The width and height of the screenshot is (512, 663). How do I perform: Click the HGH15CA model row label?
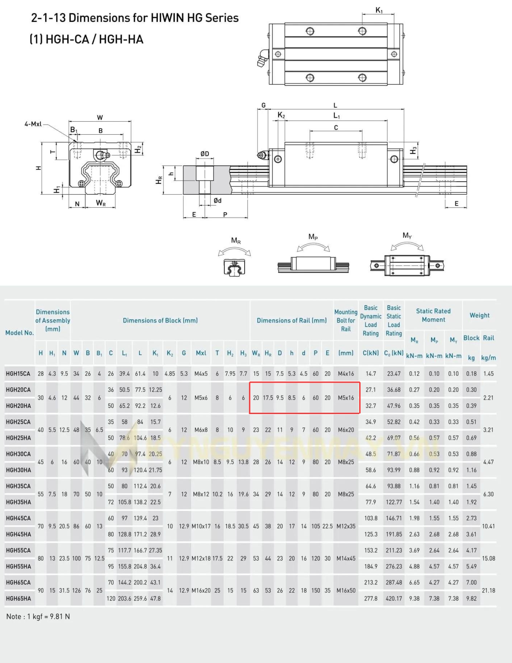18,374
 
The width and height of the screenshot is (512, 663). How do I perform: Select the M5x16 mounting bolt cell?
346,398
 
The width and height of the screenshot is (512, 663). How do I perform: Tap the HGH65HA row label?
18,599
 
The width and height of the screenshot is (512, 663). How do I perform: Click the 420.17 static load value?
394,599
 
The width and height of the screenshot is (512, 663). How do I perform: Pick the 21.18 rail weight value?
488,590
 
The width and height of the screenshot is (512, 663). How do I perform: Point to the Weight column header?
479,315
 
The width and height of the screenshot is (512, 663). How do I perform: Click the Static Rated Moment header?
433,315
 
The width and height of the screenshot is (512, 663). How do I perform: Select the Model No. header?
19,333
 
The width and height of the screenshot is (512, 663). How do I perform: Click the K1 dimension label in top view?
379,10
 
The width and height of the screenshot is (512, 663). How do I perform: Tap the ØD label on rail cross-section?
205,154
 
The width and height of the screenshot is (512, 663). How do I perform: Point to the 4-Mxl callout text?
33,124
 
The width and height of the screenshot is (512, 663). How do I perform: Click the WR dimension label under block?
101,203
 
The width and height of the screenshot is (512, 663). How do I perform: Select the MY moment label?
407,235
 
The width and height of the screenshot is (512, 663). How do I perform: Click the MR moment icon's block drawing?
234,267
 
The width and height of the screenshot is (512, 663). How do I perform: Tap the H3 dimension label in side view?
413,151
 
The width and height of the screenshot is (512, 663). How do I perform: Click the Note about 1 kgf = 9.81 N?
38,616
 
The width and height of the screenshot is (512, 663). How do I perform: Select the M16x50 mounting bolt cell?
346,590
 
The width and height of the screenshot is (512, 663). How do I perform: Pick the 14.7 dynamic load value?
371,374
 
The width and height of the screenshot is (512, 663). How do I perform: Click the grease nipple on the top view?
263,58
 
